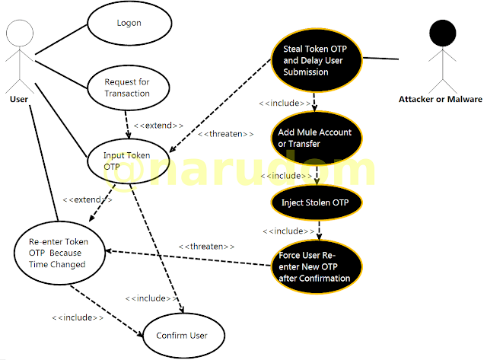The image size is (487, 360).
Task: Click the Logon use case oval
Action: (129, 24)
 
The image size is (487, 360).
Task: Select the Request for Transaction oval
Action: (127, 88)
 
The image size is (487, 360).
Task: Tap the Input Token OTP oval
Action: (126, 161)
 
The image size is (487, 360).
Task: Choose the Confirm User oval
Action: (180, 335)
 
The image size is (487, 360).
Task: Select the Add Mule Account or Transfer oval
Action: (315, 138)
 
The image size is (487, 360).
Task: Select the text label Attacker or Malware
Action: (441, 99)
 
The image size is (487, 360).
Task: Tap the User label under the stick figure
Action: (21, 99)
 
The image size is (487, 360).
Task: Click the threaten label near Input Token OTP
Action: (225, 134)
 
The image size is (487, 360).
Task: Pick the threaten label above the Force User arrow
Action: (206, 247)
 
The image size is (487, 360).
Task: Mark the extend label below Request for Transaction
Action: (158, 125)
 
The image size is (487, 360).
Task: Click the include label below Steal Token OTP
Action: (285, 103)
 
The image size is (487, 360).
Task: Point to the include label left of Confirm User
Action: (78, 317)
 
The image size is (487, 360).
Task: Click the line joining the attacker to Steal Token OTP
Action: (384, 57)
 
